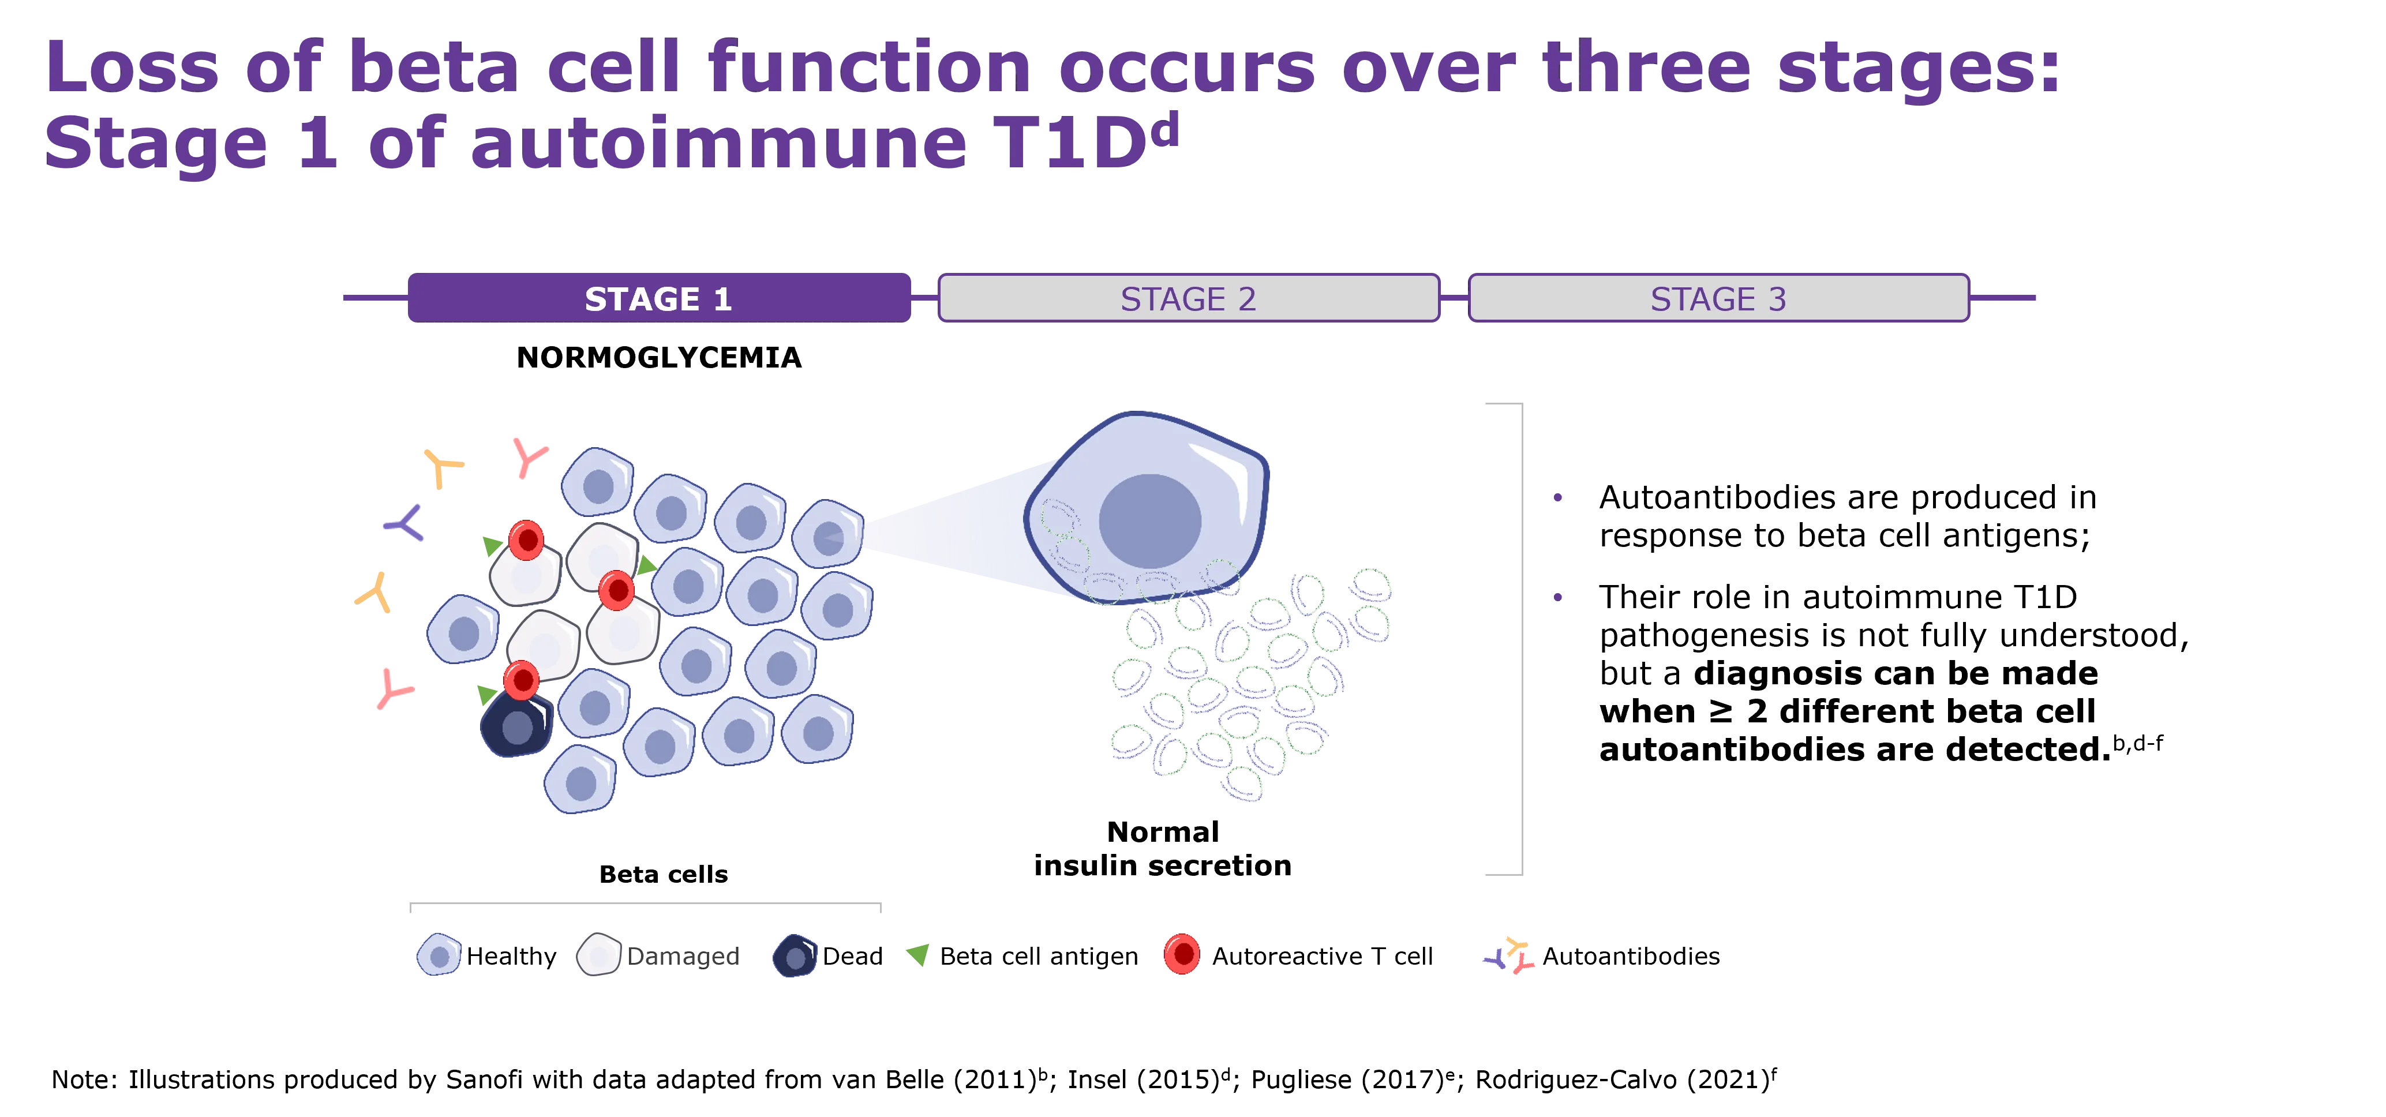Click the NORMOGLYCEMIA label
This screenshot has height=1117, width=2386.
click(658, 358)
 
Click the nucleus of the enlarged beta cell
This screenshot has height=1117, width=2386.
click(1149, 522)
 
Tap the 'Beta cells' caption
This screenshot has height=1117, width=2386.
click(663, 874)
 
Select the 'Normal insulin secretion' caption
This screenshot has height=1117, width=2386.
click(1163, 848)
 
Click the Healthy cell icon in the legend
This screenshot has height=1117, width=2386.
click(439, 955)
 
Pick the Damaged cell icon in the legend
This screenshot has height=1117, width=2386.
click(598, 955)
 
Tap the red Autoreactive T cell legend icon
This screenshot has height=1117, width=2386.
click(1182, 954)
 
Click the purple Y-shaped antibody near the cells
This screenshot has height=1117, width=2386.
click(404, 523)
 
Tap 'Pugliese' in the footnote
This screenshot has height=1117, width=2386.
click(1301, 1080)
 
